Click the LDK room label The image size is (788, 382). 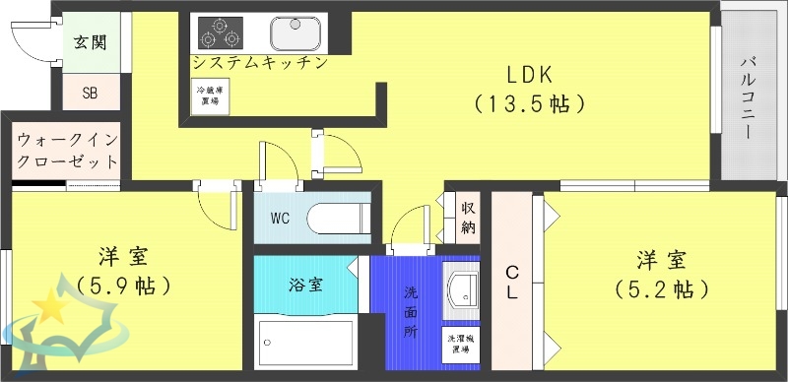[530, 74]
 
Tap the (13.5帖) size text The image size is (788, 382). [530, 101]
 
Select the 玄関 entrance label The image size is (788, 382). [91, 42]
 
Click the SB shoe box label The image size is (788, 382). [90, 94]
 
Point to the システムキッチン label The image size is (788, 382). [259, 62]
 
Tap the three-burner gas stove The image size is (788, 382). [221, 32]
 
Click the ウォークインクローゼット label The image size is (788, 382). [67, 151]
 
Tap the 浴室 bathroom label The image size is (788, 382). [301, 284]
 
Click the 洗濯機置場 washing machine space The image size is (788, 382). [460, 341]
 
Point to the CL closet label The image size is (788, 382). [512, 282]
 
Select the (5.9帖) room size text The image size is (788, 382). [122, 286]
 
